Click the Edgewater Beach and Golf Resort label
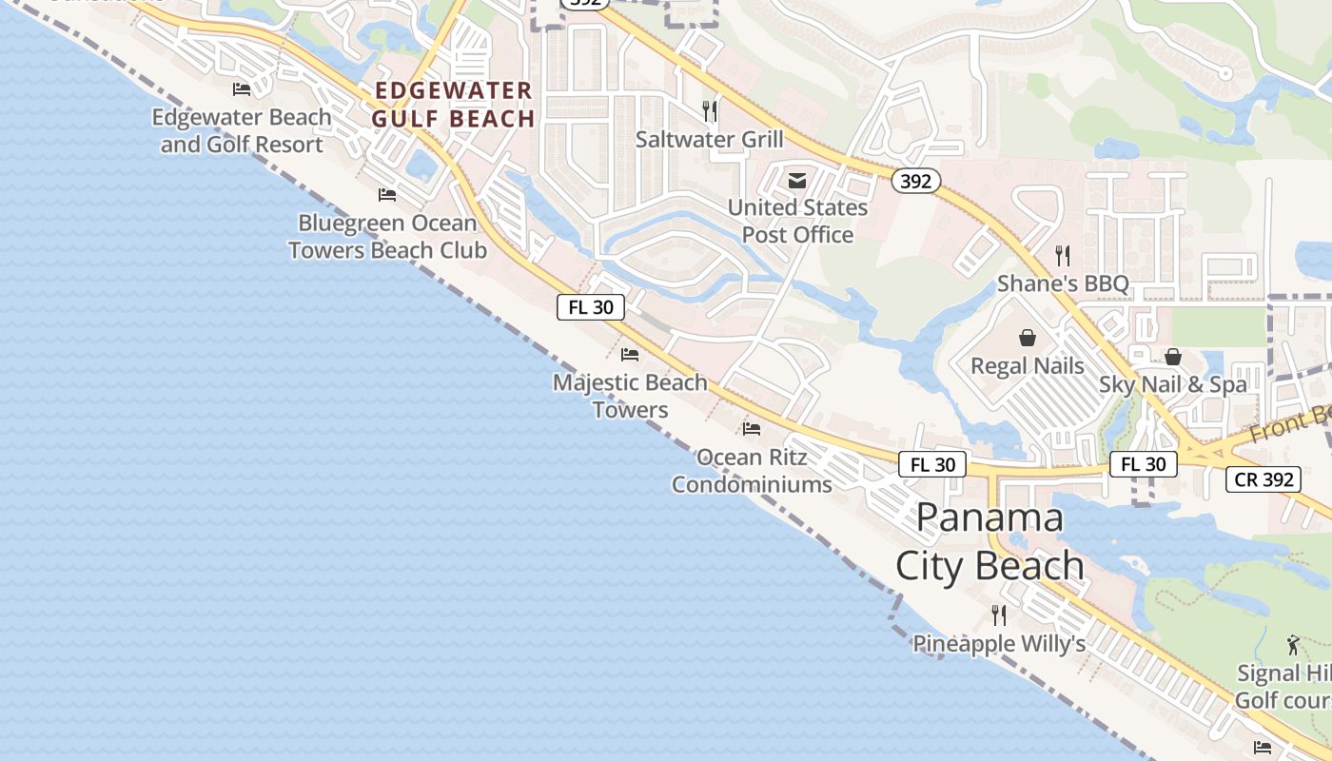pos(242,131)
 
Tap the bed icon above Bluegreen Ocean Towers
pos(387,195)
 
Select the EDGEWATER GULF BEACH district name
pos(453,105)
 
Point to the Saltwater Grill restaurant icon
pos(709,111)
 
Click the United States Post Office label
pos(797,221)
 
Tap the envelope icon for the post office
pos(797,181)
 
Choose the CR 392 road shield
pos(1263,479)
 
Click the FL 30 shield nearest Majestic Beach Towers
pos(591,307)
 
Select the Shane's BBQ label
pos(1063,283)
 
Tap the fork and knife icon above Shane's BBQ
pos(1063,255)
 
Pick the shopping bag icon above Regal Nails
pos(1028,338)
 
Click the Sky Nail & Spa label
pos(1172,384)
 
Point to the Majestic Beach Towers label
pos(630,396)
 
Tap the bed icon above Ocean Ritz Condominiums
pos(752,429)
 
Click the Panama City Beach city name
pos(989,541)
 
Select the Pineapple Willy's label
pos(999,644)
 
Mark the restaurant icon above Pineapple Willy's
pos(999,615)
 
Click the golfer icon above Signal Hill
pos(1293,646)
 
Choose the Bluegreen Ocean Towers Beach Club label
pos(387,236)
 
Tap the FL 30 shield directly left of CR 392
pos(1143,464)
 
